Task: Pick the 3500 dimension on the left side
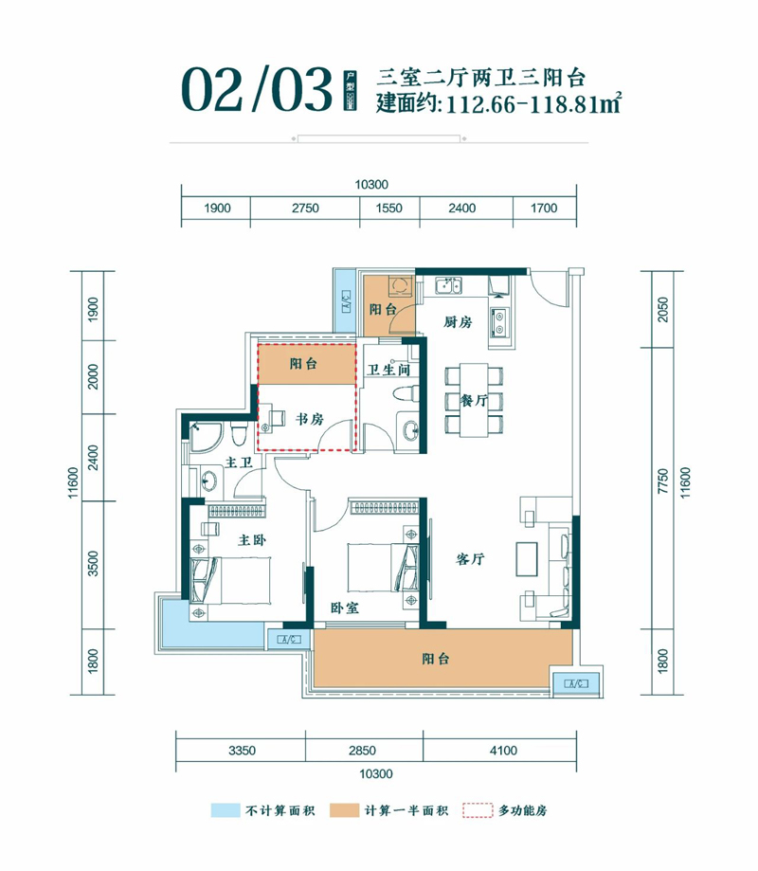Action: point(93,565)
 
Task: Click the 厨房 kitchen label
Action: point(457,322)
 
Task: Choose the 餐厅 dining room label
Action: point(474,401)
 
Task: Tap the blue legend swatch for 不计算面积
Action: point(224,811)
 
